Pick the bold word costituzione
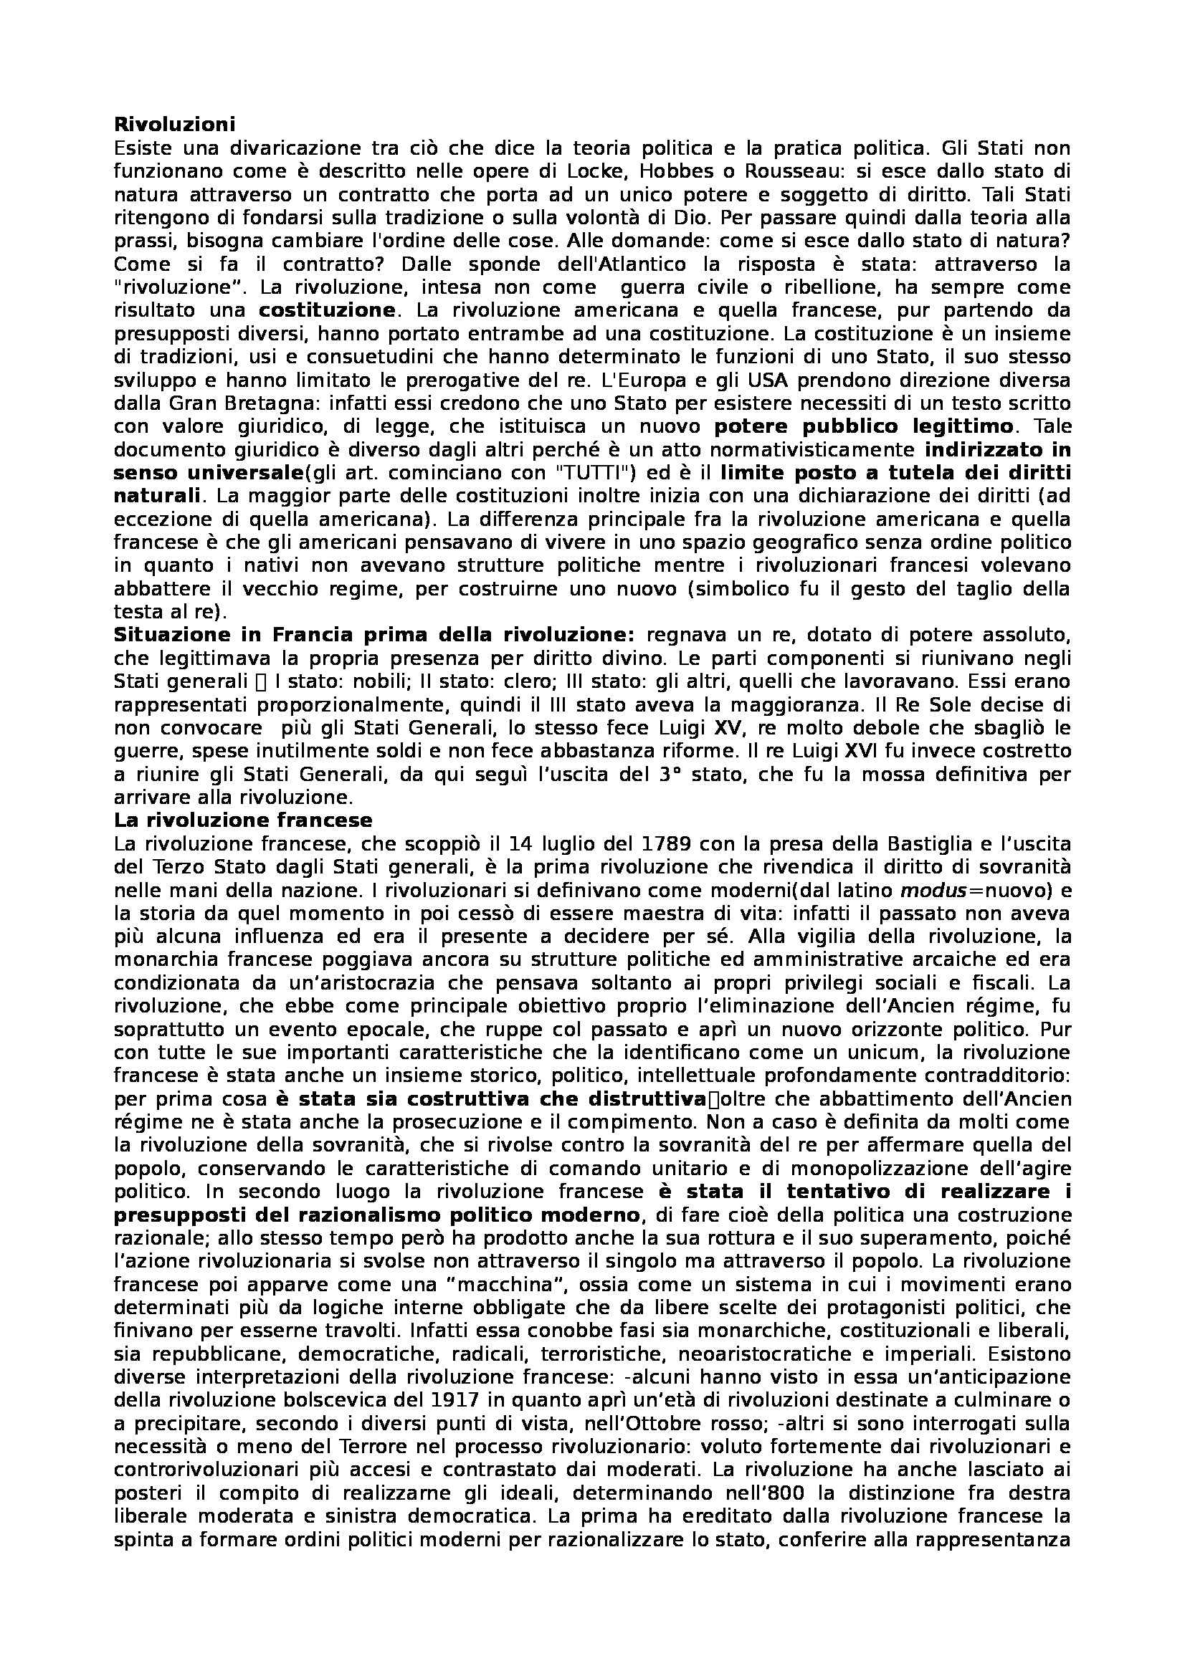click(327, 310)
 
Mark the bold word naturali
click(156, 497)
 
